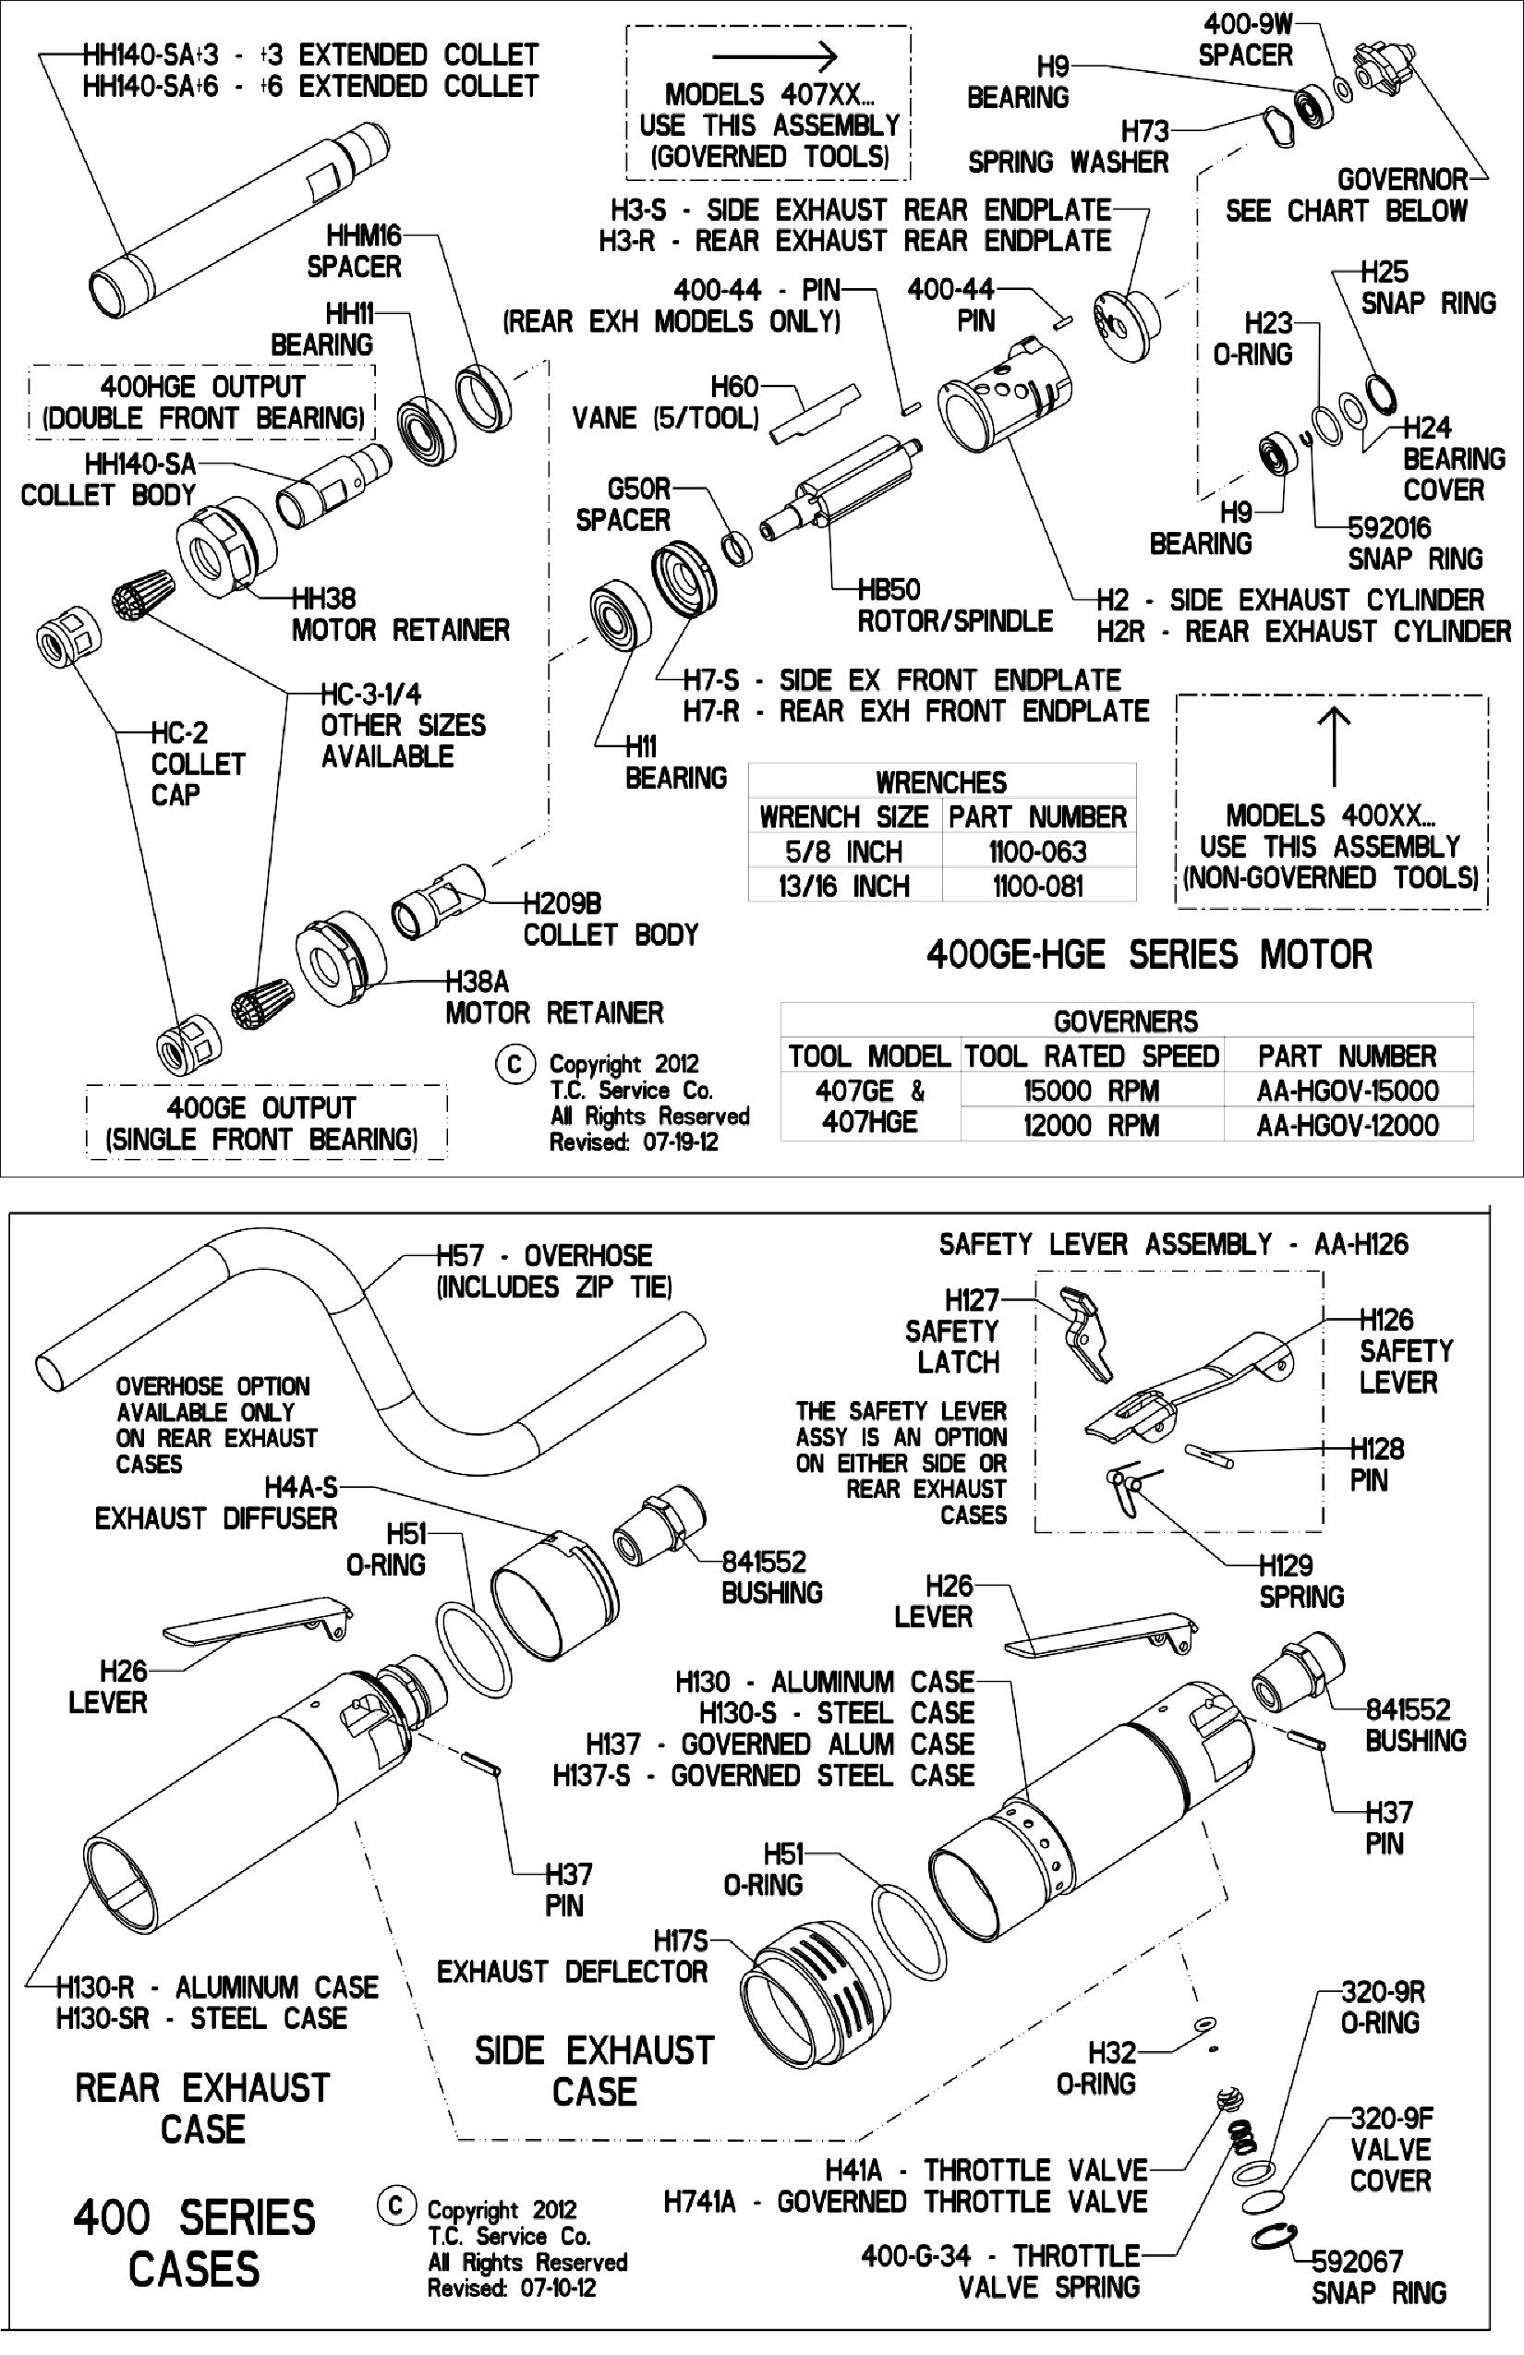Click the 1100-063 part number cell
(1037, 851)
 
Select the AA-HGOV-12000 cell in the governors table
(1347, 1125)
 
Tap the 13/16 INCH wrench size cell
(844, 886)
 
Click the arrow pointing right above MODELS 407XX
(775, 57)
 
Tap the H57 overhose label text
(544, 1256)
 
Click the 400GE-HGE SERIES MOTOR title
(1149, 954)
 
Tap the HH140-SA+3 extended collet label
(309, 54)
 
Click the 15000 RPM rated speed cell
(1091, 1091)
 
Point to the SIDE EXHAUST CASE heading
(594, 2070)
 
